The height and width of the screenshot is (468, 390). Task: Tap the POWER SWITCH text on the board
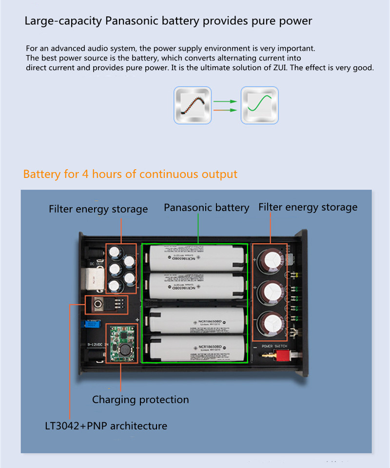[x=274, y=346]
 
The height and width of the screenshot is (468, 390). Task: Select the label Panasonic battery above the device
[x=206, y=208]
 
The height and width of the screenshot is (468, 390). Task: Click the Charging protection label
[x=140, y=400]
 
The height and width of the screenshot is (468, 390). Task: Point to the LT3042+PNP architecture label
[x=106, y=426]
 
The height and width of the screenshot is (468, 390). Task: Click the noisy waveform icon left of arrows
[x=193, y=105]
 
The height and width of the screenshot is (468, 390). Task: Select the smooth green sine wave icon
[x=260, y=105]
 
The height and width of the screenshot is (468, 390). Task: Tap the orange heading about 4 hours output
[x=130, y=174]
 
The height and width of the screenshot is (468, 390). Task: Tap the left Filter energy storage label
[x=98, y=209]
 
